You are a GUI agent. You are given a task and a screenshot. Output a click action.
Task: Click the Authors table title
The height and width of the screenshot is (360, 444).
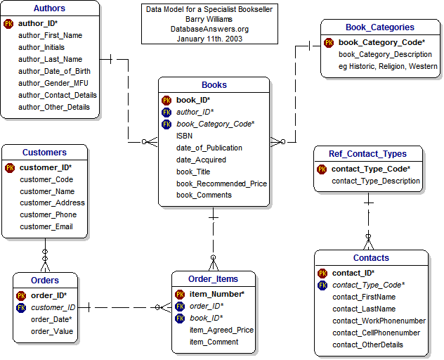(x=49, y=8)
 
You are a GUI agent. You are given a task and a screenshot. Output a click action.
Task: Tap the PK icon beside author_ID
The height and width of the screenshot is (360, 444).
(x=8, y=23)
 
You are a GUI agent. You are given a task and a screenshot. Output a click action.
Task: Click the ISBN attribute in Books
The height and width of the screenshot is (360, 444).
(x=185, y=136)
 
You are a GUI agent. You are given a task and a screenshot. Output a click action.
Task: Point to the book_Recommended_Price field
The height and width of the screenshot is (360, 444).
(x=221, y=184)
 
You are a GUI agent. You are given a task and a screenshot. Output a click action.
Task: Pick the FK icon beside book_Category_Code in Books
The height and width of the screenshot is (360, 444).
(x=166, y=124)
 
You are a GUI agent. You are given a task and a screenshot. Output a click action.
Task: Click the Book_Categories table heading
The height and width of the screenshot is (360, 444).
(x=380, y=27)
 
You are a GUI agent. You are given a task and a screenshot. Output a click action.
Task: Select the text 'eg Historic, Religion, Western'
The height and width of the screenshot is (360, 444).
(x=388, y=67)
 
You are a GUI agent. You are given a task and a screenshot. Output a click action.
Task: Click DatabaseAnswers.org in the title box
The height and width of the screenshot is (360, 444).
(x=209, y=30)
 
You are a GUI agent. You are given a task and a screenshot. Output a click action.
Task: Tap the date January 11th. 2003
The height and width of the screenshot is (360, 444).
(x=209, y=39)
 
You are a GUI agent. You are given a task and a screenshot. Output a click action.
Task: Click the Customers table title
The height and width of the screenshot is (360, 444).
(x=44, y=153)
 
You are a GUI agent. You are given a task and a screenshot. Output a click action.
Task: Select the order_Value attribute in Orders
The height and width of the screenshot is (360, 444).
(x=52, y=331)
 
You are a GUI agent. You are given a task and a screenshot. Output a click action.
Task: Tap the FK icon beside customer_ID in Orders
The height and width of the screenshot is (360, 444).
(x=21, y=307)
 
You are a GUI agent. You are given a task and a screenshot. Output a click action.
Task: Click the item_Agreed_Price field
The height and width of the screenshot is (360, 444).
(x=221, y=330)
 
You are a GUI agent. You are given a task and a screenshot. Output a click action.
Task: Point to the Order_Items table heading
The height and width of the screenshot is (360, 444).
(x=214, y=279)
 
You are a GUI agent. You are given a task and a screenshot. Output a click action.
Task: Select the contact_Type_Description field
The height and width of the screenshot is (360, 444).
(x=376, y=181)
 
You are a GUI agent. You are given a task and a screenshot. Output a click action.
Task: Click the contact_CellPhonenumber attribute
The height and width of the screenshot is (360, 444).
(x=376, y=333)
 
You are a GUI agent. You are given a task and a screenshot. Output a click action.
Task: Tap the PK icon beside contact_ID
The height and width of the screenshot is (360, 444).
(x=322, y=273)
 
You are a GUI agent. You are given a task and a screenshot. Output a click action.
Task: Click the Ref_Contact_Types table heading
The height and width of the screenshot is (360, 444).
(x=367, y=154)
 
